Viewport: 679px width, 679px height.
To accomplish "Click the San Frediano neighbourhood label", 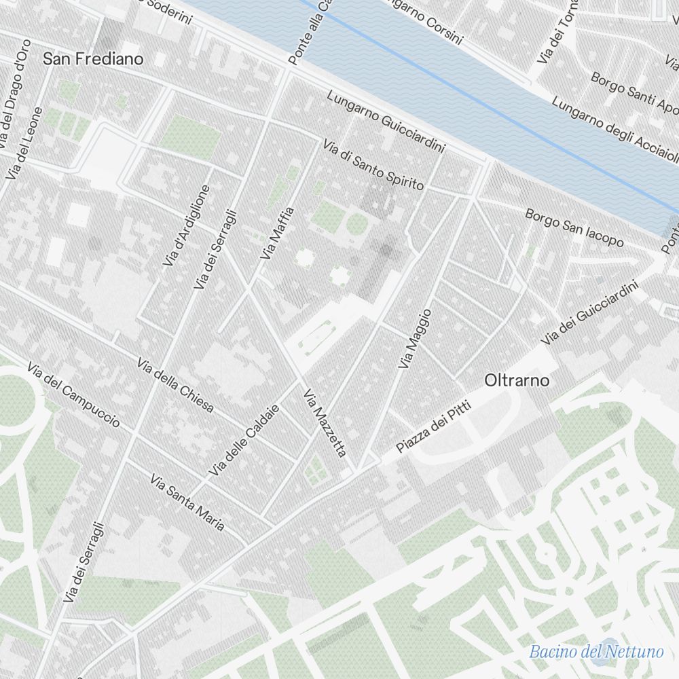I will (93, 59).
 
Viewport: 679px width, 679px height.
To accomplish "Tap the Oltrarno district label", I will (517, 381).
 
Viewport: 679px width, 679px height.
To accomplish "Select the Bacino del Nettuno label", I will (596, 653).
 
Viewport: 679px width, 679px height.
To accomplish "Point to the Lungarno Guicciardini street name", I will (385, 121).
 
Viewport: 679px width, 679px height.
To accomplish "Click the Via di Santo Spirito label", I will (373, 165).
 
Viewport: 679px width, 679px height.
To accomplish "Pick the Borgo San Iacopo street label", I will (574, 227).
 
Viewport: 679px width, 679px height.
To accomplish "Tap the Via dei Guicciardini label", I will (590, 313).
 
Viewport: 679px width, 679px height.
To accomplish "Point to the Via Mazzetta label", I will (325, 422).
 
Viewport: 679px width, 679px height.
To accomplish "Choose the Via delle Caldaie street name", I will (244, 439).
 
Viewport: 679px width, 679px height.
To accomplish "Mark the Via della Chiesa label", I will (175, 385).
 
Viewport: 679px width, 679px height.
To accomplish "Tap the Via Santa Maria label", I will (187, 504).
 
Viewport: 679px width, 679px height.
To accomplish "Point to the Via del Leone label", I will (24, 143).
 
